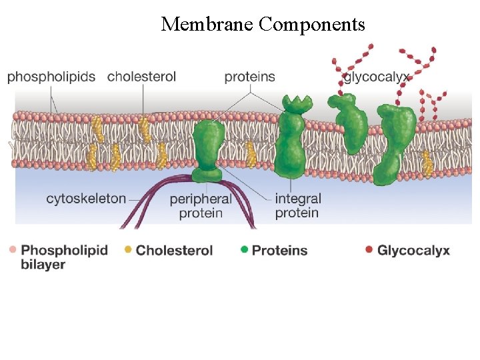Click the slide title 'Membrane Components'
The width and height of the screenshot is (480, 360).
[x=263, y=25]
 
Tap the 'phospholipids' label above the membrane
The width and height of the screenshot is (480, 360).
[x=51, y=77]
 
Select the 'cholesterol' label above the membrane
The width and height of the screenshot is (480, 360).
[x=141, y=77]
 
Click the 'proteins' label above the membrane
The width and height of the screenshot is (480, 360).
[x=249, y=77]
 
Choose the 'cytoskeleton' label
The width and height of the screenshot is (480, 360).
[x=85, y=198]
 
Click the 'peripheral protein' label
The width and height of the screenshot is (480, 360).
[x=201, y=206]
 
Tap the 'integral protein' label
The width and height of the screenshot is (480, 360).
[x=297, y=206]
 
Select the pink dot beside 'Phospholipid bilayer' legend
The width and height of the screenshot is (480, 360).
[x=13, y=250]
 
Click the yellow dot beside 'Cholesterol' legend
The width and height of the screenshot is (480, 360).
[x=128, y=250]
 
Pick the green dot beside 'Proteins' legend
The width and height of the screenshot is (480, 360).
[x=244, y=250]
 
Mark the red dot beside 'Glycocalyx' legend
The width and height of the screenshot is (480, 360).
[x=369, y=250]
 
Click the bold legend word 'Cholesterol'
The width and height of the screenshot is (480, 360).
[x=174, y=251]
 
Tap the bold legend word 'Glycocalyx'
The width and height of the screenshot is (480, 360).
[x=413, y=251]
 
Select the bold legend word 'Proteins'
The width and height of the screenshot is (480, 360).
[x=279, y=251]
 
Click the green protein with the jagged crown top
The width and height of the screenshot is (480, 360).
[x=292, y=140]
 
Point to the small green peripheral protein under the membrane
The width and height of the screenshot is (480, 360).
[x=207, y=175]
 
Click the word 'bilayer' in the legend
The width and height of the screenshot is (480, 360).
[x=43, y=265]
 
